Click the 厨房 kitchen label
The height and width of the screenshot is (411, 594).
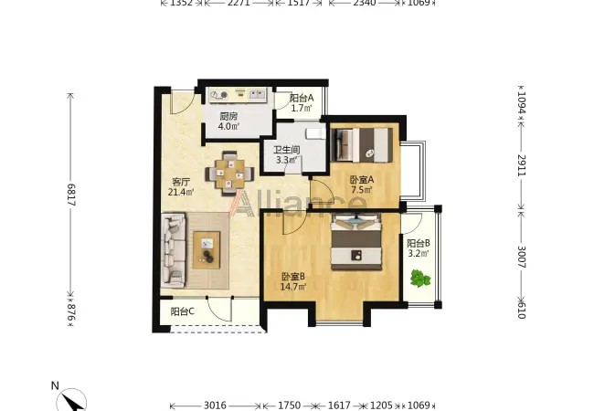[228, 116]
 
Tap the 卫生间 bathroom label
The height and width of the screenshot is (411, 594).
[287, 150]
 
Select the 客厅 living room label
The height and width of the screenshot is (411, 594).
[181, 182]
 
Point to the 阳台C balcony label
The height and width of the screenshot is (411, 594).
[182, 311]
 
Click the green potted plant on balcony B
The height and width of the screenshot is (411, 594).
[420, 279]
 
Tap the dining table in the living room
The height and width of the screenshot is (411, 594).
[229, 174]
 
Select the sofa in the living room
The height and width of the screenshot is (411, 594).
[173, 249]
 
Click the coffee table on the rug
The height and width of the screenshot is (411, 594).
[207, 250]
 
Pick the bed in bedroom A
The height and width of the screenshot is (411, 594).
[362, 145]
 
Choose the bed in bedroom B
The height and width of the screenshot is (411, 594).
[356, 242]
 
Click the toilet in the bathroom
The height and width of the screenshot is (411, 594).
[314, 133]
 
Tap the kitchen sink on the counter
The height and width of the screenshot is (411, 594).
[257, 94]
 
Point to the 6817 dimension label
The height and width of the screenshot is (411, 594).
[71, 195]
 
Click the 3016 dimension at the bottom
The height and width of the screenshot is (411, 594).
[215, 406]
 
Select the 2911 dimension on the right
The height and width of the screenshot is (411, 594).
[522, 165]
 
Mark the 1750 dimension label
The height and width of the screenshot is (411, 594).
[290, 406]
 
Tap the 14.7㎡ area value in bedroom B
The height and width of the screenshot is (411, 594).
[292, 287]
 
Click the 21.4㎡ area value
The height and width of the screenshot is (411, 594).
[181, 192]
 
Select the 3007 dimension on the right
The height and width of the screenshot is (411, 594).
[522, 257]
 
